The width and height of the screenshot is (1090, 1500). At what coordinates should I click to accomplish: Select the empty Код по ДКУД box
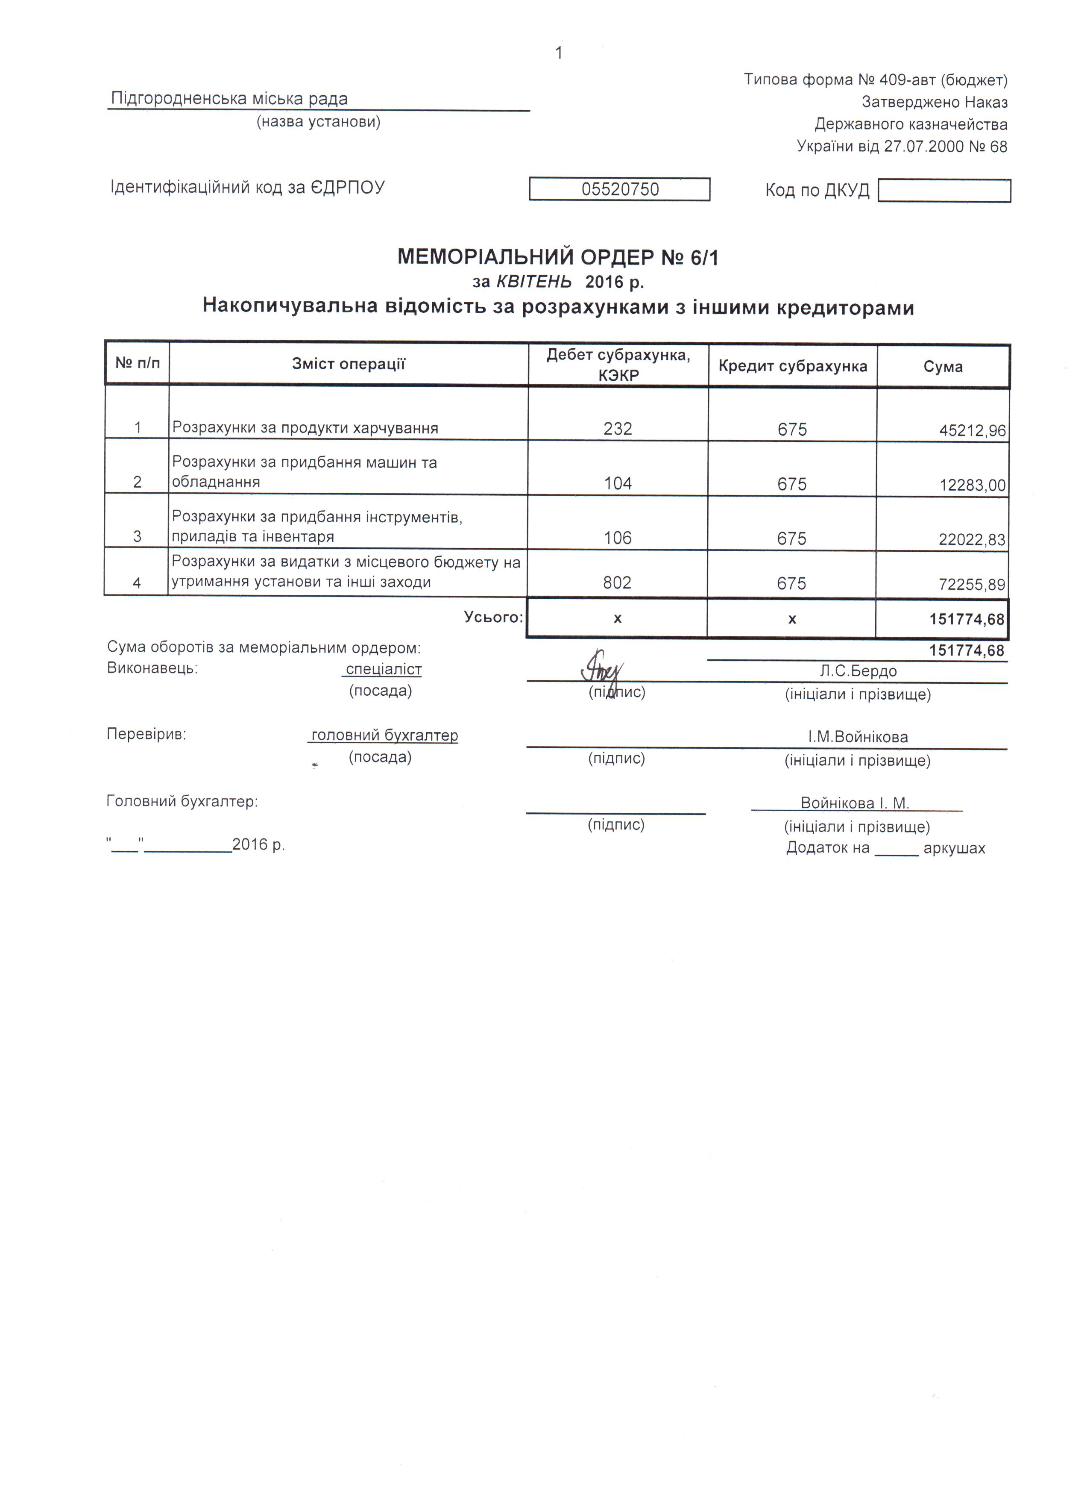coord(944,191)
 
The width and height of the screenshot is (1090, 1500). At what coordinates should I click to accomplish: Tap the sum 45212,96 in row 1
coord(972,431)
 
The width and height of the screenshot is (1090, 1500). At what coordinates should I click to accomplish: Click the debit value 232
coord(617,429)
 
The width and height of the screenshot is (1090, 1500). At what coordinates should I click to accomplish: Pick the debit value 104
coord(617,483)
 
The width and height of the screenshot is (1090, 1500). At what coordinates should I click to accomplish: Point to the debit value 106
coord(617,538)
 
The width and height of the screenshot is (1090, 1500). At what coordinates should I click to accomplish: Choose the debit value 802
coord(617,582)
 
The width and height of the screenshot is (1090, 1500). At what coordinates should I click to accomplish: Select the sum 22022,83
coord(972,540)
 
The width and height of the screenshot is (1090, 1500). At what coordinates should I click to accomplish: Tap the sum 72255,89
coord(972,585)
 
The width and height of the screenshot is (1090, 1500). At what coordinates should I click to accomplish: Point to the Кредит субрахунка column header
coord(793,366)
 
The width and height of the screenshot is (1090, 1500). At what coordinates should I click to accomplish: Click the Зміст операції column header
coord(349,364)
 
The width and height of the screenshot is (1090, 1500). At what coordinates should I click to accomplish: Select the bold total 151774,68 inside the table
coord(967,620)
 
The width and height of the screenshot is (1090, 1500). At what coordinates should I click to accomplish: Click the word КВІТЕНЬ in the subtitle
coord(534,282)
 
